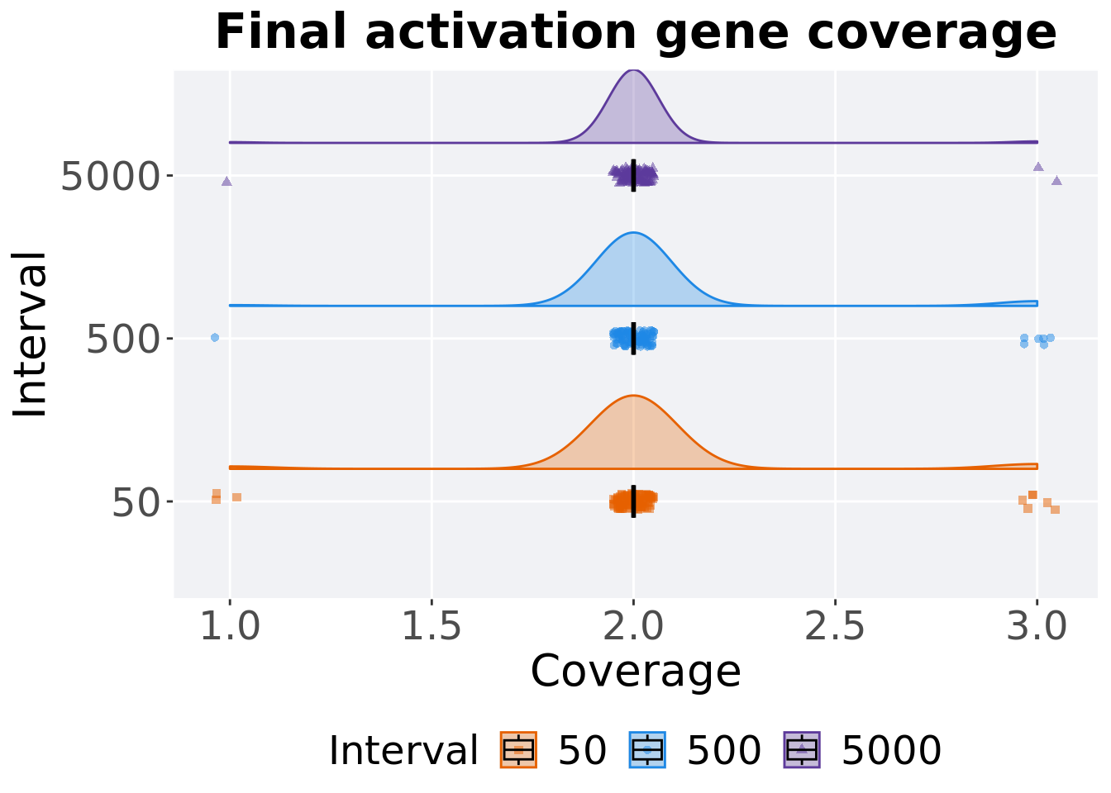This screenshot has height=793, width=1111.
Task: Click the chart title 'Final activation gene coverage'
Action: click(x=636, y=33)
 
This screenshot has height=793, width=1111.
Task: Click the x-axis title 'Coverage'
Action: click(x=635, y=671)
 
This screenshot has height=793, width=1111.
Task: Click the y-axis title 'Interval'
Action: click(x=31, y=335)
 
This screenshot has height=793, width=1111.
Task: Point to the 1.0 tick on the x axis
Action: click(x=230, y=628)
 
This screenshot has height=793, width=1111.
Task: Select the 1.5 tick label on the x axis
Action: click(x=432, y=628)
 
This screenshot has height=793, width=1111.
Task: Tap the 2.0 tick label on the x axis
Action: click(x=633, y=628)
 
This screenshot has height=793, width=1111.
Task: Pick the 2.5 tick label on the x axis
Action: click(x=835, y=628)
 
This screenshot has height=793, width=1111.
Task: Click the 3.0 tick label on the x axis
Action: click(x=1037, y=628)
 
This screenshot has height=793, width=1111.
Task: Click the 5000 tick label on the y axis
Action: click(x=110, y=176)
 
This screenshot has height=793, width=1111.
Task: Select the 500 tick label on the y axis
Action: click(x=122, y=339)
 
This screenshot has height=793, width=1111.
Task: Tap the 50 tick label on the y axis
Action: click(x=135, y=501)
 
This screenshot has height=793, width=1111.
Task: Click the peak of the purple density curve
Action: click(x=633, y=70)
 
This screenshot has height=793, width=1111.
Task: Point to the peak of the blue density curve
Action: click(x=633, y=233)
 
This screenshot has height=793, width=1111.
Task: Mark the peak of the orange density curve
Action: click(x=633, y=396)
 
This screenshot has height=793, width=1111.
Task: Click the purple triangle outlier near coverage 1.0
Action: click(x=226, y=181)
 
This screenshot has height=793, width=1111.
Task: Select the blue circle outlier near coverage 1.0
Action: click(x=215, y=337)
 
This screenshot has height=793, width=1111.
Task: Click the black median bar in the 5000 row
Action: click(x=633, y=175)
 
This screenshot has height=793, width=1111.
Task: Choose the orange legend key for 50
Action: click(x=518, y=750)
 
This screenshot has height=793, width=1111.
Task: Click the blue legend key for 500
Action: click(x=647, y=750)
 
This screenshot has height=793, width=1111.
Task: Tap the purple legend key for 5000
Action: click(x=801, y=750)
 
